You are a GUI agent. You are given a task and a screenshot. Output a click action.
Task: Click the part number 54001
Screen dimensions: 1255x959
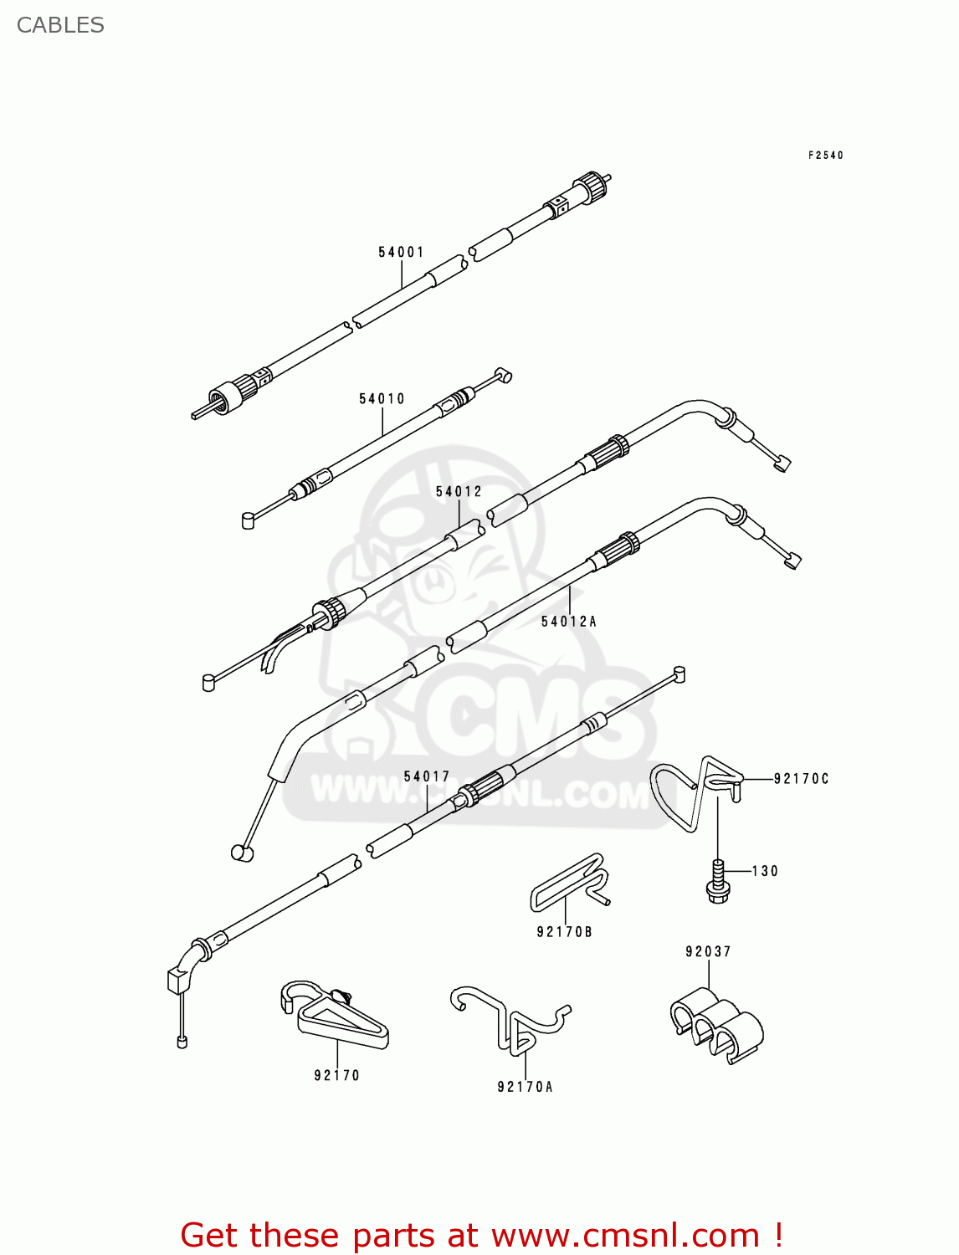401,252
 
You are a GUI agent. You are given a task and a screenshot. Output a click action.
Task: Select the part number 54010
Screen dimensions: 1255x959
382,399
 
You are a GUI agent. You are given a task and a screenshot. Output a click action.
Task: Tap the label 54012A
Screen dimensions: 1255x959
568,622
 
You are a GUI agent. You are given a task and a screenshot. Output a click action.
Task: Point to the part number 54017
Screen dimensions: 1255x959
427,776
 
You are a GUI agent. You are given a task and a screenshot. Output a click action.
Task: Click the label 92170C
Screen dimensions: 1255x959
801,779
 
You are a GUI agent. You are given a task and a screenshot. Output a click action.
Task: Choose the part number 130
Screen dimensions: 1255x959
765,871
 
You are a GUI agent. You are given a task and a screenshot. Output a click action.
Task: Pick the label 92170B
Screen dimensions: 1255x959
564,932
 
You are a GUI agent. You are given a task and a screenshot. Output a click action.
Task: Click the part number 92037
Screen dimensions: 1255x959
708,951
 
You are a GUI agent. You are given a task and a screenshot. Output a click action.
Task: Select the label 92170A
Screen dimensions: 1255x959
525,1087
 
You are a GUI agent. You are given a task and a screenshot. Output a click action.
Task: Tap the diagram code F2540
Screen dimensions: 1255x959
825,156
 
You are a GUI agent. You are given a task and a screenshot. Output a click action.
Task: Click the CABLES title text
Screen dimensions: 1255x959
60,25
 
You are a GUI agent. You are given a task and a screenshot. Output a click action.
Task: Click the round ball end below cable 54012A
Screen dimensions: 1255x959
242,853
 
